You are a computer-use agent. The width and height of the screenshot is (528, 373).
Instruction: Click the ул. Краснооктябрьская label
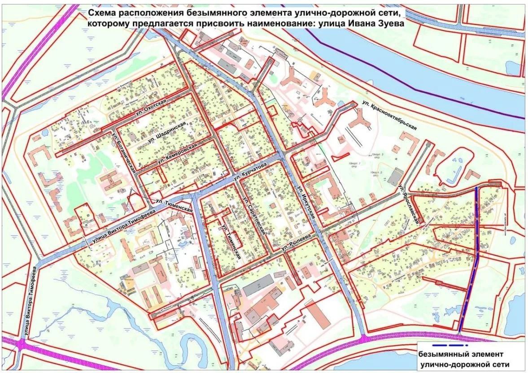pos(389,116)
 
